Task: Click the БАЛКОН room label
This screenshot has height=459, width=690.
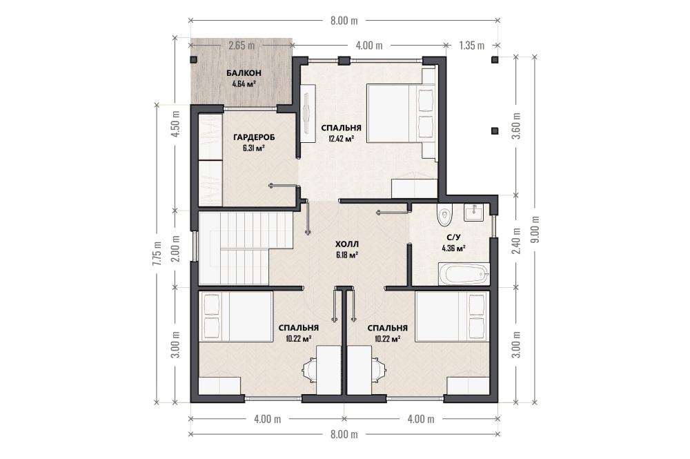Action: point(244,73)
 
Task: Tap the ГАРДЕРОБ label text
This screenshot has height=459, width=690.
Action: point(254,138)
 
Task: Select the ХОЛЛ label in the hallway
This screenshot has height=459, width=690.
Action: point(347,244)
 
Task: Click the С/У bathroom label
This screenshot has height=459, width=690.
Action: point(453,238)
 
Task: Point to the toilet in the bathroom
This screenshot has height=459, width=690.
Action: point(445,215)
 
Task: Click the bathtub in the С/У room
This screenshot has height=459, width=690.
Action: point(464,274)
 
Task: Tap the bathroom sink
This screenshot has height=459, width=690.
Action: point(473,212)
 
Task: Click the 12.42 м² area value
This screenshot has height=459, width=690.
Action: point(341,139)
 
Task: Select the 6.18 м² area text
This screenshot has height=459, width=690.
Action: point(347,255)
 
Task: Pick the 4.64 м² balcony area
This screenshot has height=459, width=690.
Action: point(244,84)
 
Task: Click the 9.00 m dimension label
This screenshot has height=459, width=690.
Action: point(535,229)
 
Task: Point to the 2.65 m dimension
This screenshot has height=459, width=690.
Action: point(241,45)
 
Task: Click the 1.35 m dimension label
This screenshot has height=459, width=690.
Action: point(471,45)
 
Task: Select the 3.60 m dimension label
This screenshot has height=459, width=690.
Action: point(517,126)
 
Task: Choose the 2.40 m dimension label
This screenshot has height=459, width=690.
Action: point(517,241)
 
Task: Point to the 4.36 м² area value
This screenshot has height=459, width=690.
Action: point(454,248)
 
